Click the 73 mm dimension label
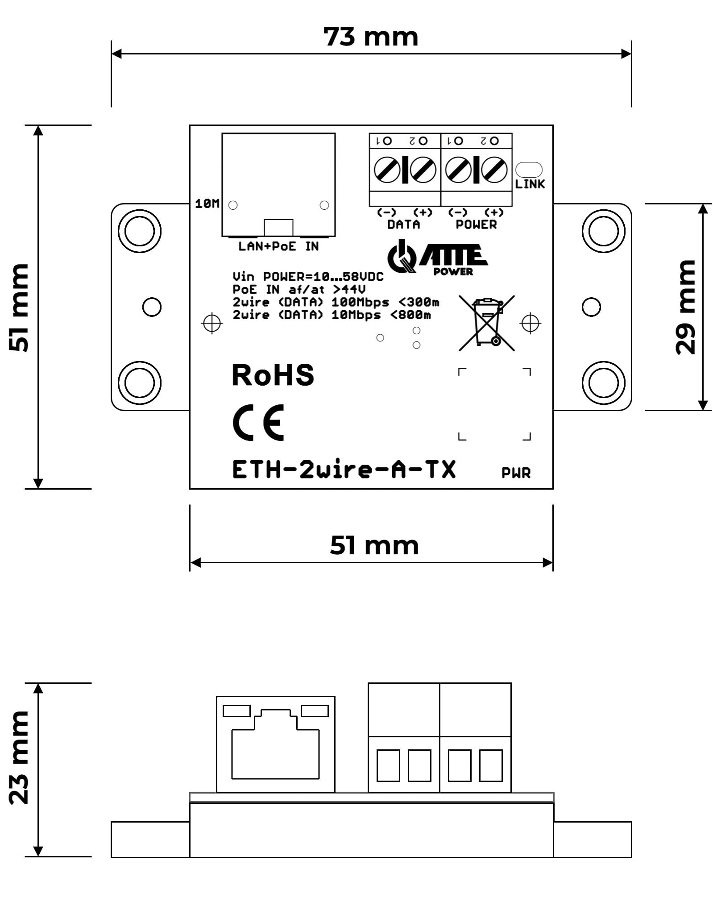pyautogui.click(x=371, y=37)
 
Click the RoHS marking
pyautogui.click(x=273, y=375)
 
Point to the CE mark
pyautogui.click(x=258, y=422)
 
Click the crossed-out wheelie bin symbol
pyautogui.click(x=487, y=323)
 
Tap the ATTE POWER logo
pyautogui.click(x=437, y=258)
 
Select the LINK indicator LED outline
pyautogui.click(x=529, y=170)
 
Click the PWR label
pyautogui.click(x=516, y=473)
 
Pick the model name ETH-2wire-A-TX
pyautogui.click(x=344, y=470)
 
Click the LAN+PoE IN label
pyautogui.click(x=278, y=246)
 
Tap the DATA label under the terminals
pyautogui.click(x=403, y=224)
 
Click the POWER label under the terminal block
pyautogui.click(x=476, y=224)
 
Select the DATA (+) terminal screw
pyautogui.click(x=422, y=170)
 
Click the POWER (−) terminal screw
pyautogui.click(x=458, y=170)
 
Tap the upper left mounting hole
pyautogui.click(x=139, y=231)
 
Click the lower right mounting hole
pyautogui.click(x=603, y=382)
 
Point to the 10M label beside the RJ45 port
pyautogui.click(x=207, y=204)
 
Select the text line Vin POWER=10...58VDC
pyautogui.click(x=307, y=277)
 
